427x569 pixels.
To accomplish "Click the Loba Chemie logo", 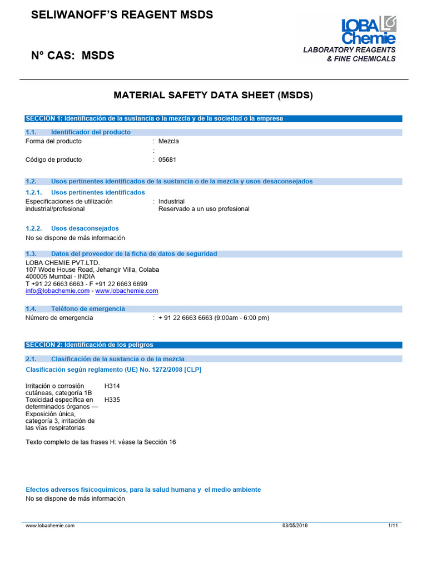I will pyautogui.click(x=368, y=31).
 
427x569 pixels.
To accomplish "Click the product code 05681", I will pyautogui.click(x=167, y=160).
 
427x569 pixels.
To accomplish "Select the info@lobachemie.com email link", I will pyautogui.click(x=57, y=291).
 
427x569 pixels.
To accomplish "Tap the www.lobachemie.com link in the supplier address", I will pyautogui.click(x=127, y=291).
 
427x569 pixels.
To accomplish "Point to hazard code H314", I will pyautogui.click(x=112, y=386).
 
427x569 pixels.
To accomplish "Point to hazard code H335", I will pyautogui.click(x=112, y=400).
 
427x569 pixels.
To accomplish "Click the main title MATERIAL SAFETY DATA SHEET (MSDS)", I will pyautogui.click(x=213, y=95).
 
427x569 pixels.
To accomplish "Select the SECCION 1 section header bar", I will pyautogui.click(x=213, y=118).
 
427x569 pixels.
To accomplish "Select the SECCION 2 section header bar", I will pyautogui.click(x=213, y=345).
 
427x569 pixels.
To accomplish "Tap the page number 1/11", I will pyautogui.click(x=393, y=525).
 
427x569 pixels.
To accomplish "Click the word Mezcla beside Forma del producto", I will pyautogui.click(x=168, y=141).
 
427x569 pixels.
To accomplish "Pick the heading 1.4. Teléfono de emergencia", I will pyautogui.click(x=75, y=309).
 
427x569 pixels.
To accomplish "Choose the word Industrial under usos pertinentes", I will pyautogui.click(x=171, y=201).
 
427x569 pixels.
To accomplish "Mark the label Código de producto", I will pyautogui.click(x=53, y=160).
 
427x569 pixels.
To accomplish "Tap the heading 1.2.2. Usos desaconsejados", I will pyautogui.click(x=72, y=228).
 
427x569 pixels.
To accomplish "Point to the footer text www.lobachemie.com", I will pyautogui.click(x=50, y=525).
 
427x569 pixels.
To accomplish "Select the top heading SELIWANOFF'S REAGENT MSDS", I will pyautogui.click(x=122, y=15).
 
